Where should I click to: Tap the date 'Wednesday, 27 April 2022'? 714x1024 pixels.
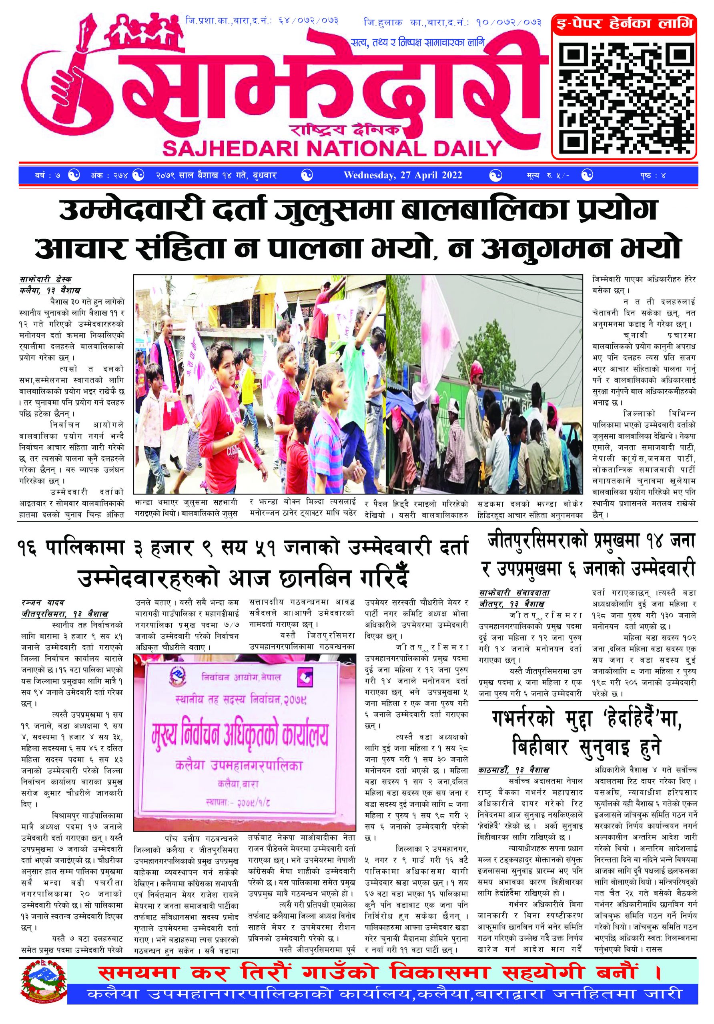[x=402, y=175]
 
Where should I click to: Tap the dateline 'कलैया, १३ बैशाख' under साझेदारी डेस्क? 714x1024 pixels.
[x=50, y=290]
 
